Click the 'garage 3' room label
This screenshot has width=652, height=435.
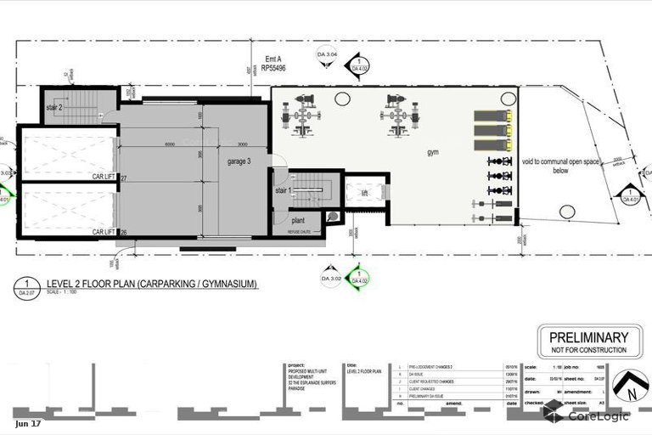pos(239,161)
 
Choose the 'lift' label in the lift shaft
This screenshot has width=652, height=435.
pos(364,194)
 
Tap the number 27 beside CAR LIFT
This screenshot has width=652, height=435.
pos(123,178)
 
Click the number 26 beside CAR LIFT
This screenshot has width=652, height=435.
pos(123,231)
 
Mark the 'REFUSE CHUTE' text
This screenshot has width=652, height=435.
pos(301,231)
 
